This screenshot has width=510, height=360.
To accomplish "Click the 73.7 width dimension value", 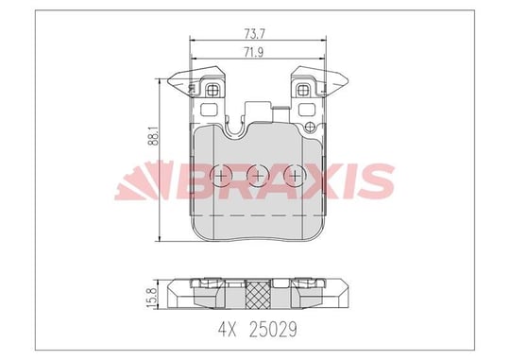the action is click(x=255, y=34).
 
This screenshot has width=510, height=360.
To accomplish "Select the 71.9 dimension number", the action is click(x=254, y=52).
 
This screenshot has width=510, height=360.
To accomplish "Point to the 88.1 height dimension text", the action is click(x=154, y=136).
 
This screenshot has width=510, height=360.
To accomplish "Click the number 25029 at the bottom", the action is click(x=273, y=330).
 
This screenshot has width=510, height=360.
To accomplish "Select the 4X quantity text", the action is click(x=227, y=330).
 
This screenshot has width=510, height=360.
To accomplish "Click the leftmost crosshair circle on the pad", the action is click(x=221, y=176).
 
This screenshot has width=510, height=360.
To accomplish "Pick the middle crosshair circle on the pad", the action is click(x=258, y=176).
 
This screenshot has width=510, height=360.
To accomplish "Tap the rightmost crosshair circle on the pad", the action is click(x=295, y=176).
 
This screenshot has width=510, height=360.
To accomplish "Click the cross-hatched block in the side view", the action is click(x=258, y=295).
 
